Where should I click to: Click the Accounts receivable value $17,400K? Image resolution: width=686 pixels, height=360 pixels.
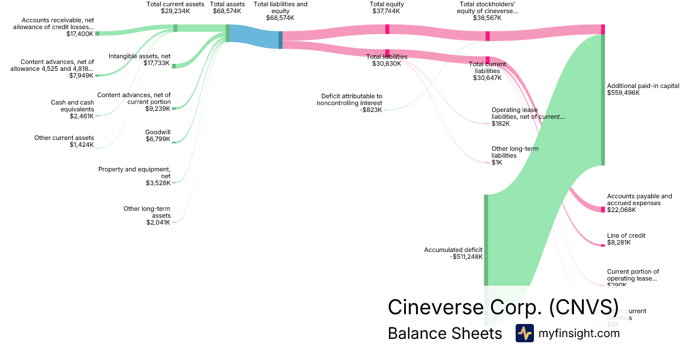79,34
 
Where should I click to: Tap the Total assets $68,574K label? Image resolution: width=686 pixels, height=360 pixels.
228,7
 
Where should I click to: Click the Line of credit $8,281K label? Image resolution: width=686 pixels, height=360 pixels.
626,239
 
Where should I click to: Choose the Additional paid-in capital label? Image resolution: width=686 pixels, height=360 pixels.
643,89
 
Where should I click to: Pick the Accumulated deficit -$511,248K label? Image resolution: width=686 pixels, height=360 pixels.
453,253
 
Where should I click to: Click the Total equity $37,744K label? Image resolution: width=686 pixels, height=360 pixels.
387,7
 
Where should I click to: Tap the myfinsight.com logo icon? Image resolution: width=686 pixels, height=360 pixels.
524,333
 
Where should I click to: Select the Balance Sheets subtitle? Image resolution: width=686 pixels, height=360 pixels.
445,333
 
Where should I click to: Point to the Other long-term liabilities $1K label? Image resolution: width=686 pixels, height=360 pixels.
514,155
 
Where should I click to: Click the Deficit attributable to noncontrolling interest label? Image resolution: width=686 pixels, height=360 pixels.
349,103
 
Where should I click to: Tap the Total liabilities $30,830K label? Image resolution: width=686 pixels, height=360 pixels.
386,60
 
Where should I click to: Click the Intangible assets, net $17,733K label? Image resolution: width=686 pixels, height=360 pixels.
139,59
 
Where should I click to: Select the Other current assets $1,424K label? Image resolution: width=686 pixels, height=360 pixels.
64,141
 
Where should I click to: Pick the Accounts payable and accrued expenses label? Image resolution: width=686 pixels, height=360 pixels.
639,203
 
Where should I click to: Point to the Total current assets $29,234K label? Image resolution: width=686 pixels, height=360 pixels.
175,7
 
